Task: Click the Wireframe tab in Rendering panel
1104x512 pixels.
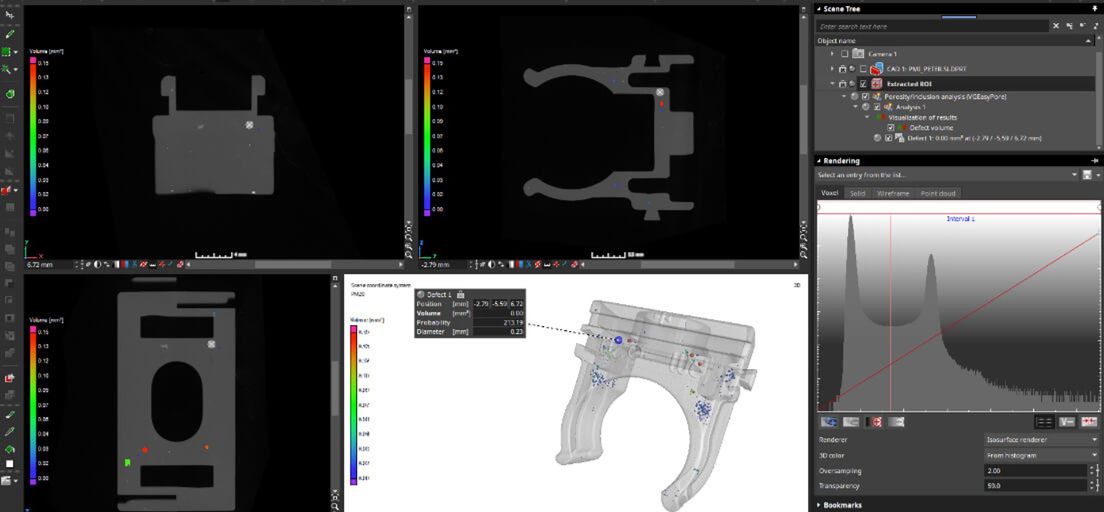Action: [x=893, y=194]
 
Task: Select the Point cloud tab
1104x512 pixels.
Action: [x=938, y=194]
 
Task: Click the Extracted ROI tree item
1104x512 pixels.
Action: [x=909, y=84]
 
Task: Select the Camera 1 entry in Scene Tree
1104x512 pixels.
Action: [x=882, y=54]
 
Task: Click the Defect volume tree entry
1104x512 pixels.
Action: [x=931, y=128]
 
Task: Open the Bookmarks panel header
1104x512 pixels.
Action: [x=842, y=505]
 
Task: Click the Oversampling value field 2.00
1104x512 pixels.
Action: [x=1035, y=471]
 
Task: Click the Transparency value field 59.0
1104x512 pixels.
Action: [x=1035, y=486]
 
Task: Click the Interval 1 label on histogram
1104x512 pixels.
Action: [x=960, y=219]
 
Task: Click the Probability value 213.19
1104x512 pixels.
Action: [x=513, y=323]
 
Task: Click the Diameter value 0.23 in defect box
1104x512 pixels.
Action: [x=516, y=332]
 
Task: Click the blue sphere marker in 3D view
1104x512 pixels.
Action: [x=618, y=340]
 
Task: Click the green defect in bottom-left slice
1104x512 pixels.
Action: [x=127, y=462]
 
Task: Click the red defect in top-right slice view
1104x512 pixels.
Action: [x=661, y=103]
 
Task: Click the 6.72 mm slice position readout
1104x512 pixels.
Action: [x=40, y=265]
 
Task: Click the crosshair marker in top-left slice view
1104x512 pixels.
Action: [x=249, y=125]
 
